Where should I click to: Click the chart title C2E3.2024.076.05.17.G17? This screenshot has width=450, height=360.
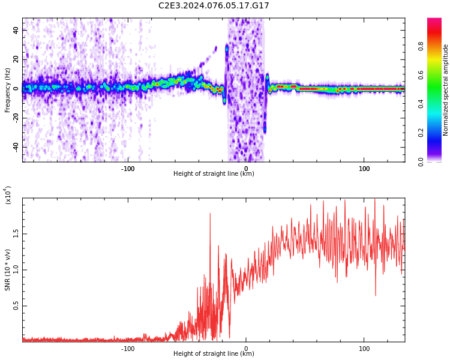214,5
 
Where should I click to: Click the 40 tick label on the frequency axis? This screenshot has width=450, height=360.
16,30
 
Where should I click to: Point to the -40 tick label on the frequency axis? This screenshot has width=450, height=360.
14,148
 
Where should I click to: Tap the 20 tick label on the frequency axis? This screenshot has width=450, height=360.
16,59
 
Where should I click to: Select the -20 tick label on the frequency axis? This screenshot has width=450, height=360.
14,118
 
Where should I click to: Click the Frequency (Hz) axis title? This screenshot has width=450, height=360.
8,90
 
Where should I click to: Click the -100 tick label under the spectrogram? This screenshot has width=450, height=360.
128,169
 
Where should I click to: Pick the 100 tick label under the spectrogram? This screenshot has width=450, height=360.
364,169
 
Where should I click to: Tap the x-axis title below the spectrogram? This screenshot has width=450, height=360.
214,174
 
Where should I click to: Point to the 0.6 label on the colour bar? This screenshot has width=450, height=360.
438,75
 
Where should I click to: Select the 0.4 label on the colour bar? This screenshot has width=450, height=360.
438,104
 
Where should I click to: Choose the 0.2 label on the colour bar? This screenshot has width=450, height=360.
438,133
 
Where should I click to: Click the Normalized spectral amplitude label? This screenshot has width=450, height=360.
446,90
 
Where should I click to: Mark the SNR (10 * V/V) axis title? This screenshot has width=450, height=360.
8,270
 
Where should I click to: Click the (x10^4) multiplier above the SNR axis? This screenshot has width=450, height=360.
8,196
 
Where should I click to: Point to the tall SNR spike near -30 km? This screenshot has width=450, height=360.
210,215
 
